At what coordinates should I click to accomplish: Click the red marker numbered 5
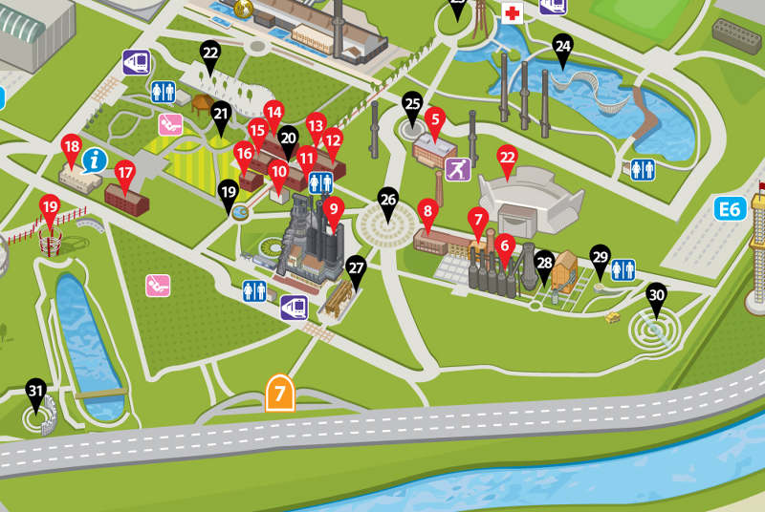pos(436,120)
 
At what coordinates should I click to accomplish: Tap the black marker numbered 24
pos(562,47)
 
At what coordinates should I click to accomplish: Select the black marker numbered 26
pos(388,201)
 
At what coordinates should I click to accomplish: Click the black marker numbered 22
pos(210,53)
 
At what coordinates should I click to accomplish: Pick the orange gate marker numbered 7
pos(279,393)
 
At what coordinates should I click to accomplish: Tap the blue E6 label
pos(730,208)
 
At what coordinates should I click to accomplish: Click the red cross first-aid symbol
pos(513,13)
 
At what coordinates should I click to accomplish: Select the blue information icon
pos(93,159)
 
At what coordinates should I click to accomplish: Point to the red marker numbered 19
pos(50,206)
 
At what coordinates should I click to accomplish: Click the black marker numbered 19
pos(229,192)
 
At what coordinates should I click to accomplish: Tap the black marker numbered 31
pos(36,392)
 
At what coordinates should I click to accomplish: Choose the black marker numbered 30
pos(656,295)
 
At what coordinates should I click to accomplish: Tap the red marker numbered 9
pos(333,207)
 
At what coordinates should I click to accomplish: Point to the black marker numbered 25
pos(413,104)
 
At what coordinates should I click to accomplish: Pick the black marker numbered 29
pos(601,257)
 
